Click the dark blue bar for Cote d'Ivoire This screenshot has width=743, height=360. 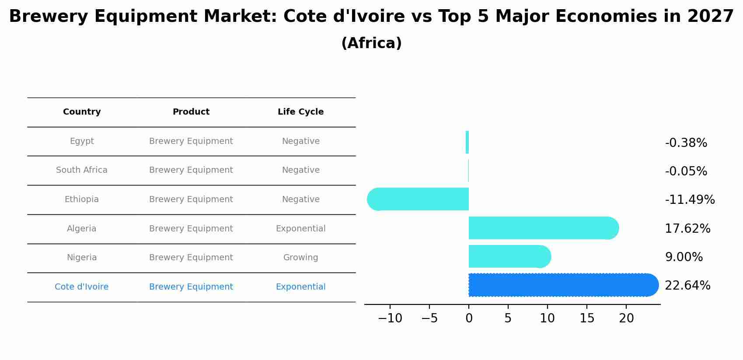(560, 285)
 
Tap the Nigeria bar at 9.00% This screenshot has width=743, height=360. (507, 256)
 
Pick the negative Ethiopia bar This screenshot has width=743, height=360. (420, 199)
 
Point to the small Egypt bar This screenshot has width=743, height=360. (467, 142)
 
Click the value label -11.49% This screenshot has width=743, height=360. (690, 200)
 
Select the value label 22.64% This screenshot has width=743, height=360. (687, 286)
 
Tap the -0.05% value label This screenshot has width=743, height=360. (686, 171)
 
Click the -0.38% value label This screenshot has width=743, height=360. (686, 143)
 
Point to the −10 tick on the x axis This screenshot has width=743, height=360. (390, 318)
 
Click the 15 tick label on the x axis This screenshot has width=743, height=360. (587, 318)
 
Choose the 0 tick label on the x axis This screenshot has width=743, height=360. (469, 318)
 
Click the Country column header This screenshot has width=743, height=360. (82, 112)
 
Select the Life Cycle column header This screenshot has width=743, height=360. (300, 112)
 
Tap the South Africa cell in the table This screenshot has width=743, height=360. (82, 170)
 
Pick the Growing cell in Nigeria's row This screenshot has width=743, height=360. (300, 258)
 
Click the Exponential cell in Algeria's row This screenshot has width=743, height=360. (300, 229)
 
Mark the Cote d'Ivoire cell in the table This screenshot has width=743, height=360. (82, 287)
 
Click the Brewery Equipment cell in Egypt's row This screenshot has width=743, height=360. (191, 141)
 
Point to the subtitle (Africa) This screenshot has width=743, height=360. (371, 43)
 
